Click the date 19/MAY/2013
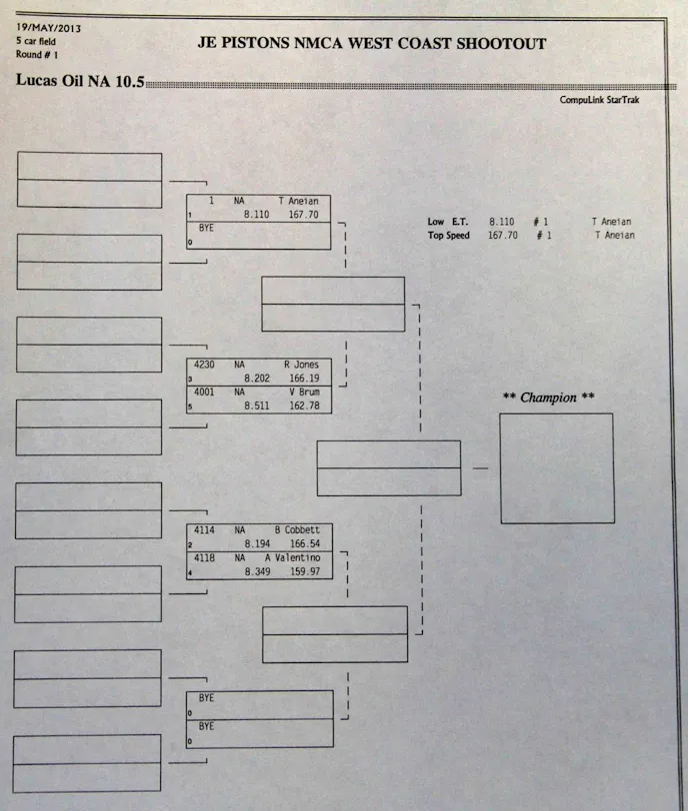(x=48, y=27)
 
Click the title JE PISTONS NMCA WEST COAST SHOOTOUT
(x=373, y=44)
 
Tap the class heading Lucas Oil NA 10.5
(x=80, y=81)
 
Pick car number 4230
(x=205, y=365)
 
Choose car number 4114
(x=205, y=529)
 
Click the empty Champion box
(x=556, y=468)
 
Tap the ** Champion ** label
(x=548, y=398)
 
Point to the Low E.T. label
(x=449, y=222)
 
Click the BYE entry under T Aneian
(x=206, y=229)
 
